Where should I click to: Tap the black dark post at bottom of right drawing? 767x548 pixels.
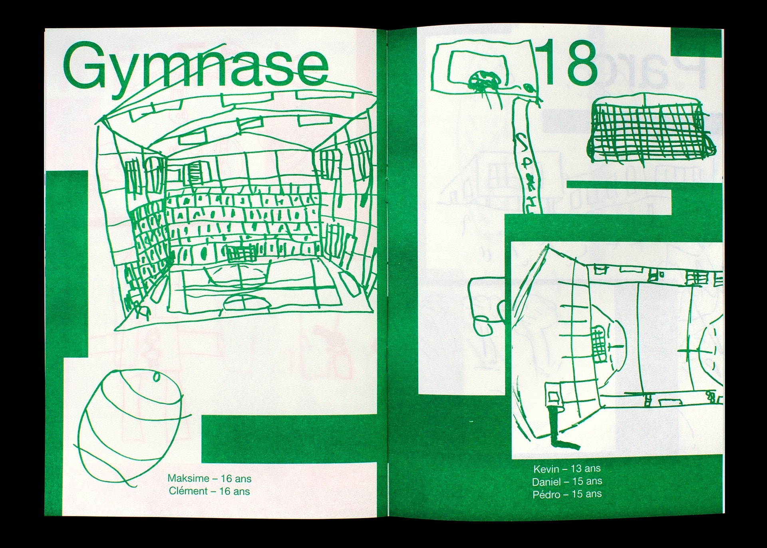[x=554, y=429]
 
